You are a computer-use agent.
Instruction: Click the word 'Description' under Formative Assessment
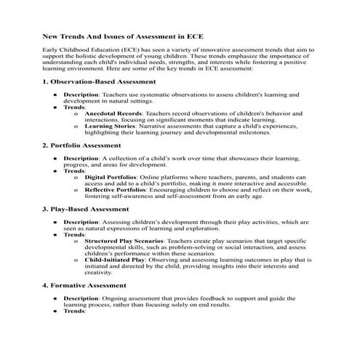(x=80, y=298)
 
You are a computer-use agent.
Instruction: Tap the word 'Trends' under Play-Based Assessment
(x=74, y=234)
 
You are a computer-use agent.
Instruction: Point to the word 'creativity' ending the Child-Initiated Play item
(x=100, y=272)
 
